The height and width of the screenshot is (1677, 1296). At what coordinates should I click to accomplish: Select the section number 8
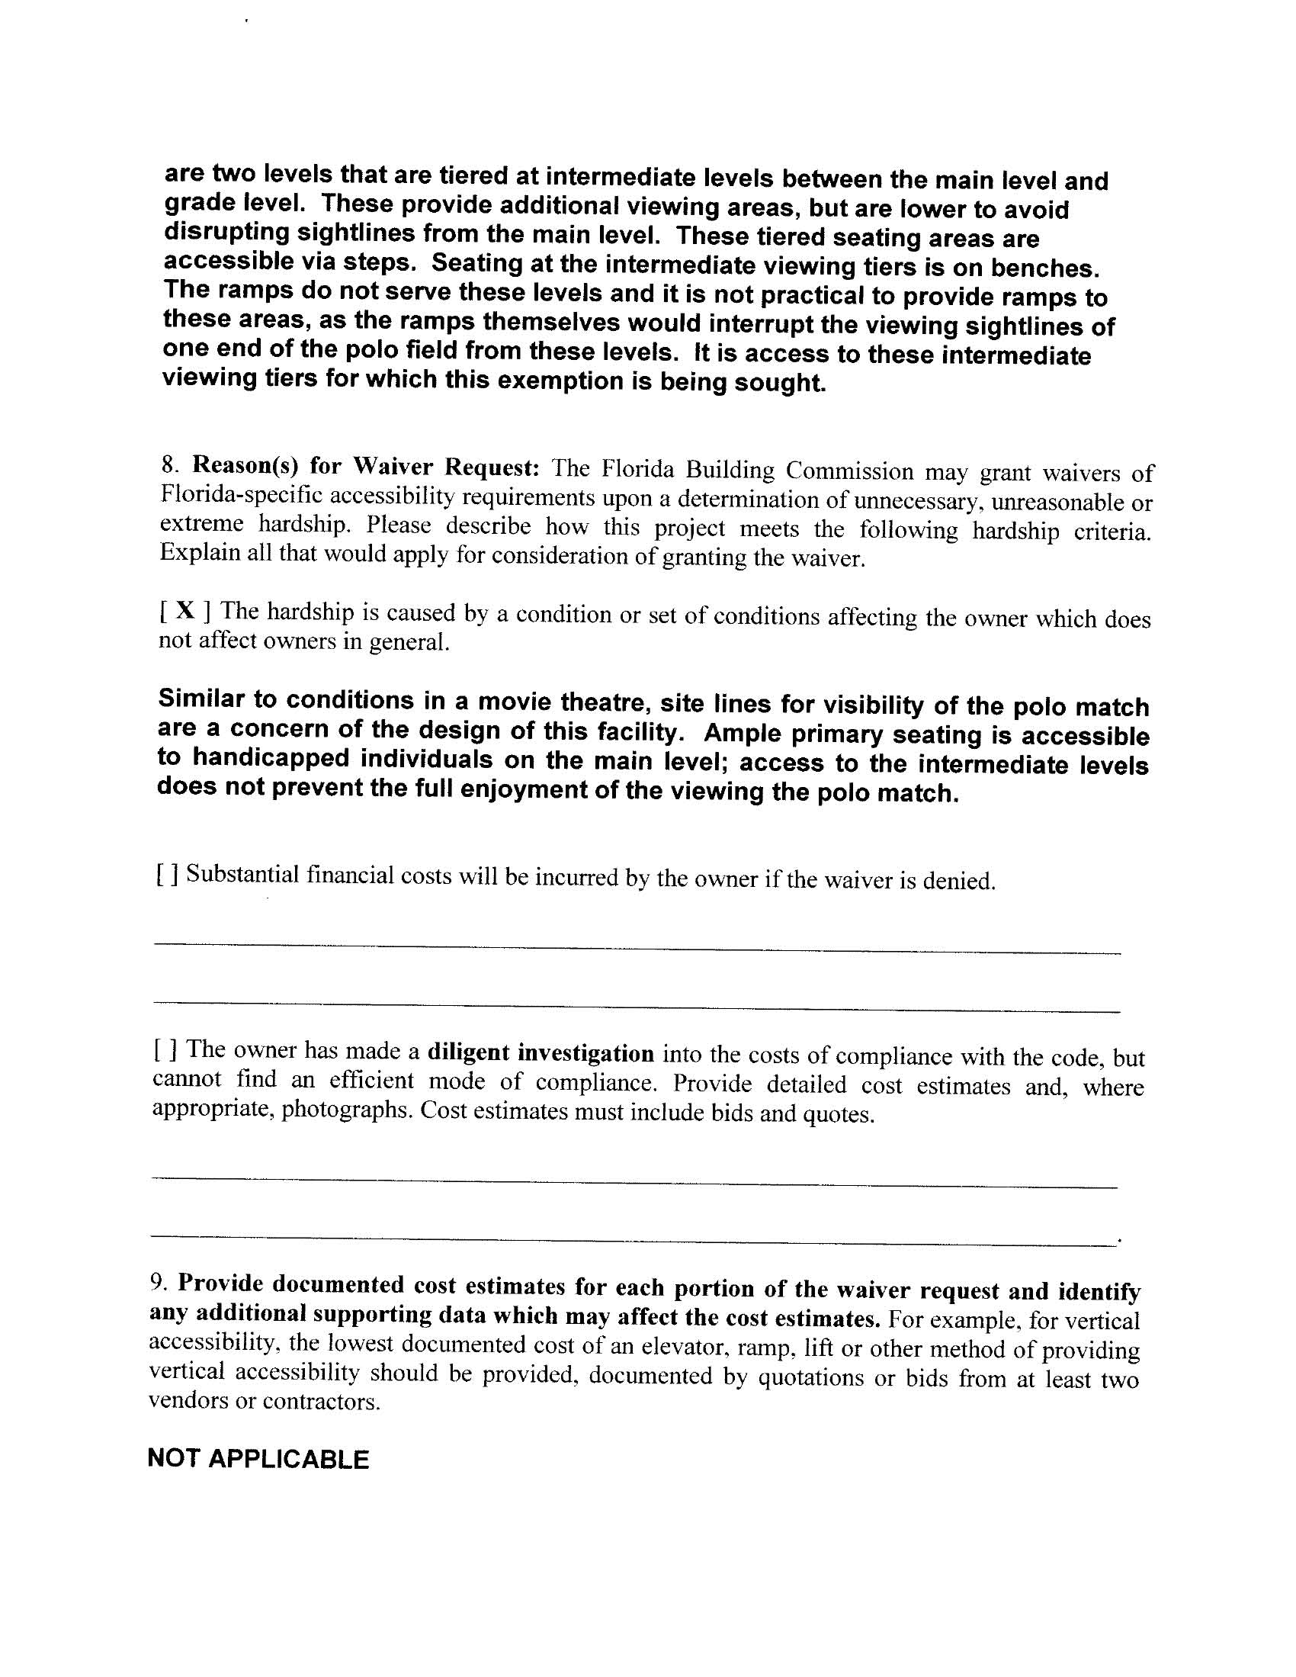(170, 464)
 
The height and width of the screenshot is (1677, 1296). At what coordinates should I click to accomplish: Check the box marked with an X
(184, 610)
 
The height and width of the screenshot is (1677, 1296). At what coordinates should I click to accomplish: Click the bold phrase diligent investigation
(541, 1052)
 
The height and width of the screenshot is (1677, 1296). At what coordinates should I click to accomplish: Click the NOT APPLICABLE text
(258, 1459)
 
